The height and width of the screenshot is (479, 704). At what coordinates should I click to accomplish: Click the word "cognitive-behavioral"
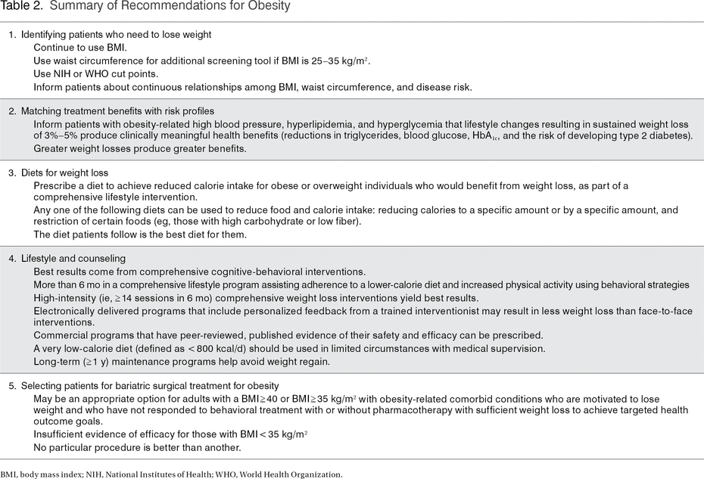pyautogui.click(x=267, y=271)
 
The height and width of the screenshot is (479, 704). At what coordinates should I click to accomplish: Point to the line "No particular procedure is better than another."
pyautogui.click(x=137, y=446)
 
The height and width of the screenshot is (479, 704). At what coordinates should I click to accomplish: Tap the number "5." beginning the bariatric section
pyautogui.click(x=13, y=385)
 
